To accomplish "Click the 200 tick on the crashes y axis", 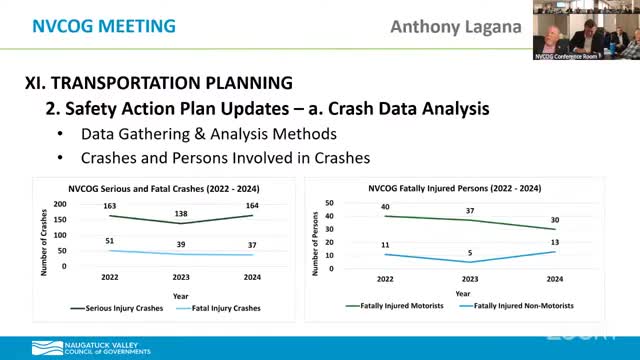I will coord(59,203).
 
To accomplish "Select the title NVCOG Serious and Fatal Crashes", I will coord(161,187).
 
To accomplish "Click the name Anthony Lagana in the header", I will coord(467,27).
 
